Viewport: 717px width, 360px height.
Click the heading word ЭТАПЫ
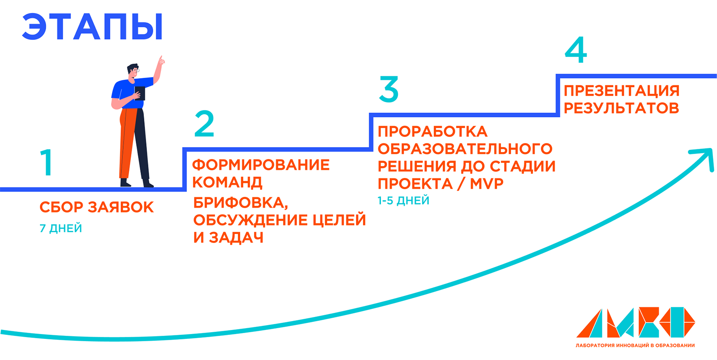tap(92, 27)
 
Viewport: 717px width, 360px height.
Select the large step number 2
tap(204, 124)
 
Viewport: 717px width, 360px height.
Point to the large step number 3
tap(389, 89)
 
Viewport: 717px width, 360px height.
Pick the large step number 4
tap(576, 50)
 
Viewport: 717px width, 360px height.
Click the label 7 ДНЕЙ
tap(61, 229)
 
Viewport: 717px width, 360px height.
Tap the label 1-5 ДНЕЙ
tap(403, 201)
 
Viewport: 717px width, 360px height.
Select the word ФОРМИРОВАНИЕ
tap(261, 165)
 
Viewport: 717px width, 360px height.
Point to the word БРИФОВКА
tap(240, 203)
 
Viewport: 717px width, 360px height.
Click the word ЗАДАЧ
tap(236, 238)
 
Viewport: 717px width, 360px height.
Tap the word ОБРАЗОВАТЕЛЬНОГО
tap(465, 149)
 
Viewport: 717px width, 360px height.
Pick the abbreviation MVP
tap(487, 184)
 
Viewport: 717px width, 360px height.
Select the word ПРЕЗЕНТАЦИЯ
tap(622, 91)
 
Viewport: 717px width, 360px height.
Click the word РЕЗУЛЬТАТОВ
tap(621, 108)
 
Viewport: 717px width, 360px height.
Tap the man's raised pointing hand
tap(160, 61)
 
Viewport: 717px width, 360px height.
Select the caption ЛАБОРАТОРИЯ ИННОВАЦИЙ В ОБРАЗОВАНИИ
tap(635, 345)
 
